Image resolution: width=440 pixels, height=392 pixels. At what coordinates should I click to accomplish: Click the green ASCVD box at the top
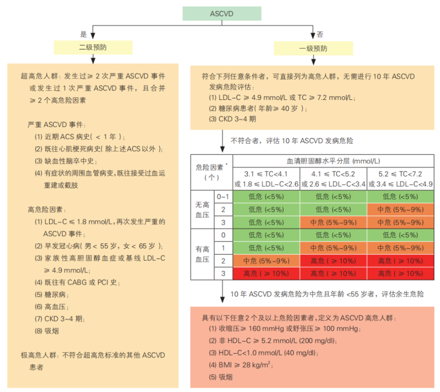coord(222,14)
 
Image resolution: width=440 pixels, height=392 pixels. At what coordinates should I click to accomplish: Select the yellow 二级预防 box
coord(93,47)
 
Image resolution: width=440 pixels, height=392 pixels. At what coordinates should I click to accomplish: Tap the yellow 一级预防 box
coord(313,48)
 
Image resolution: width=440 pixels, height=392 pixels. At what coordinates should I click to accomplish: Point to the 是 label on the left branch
coord(84,34)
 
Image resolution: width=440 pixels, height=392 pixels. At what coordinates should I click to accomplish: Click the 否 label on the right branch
coord(320,34)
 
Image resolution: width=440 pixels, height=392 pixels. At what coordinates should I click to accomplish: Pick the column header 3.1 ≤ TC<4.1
coord(266,174)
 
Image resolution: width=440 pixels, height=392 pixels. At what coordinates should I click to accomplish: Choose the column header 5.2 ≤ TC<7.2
coord(400,174)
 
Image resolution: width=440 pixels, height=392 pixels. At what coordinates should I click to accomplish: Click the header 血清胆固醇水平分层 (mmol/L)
coord(333,161)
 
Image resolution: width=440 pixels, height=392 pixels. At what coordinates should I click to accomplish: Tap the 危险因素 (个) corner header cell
coord(212,172)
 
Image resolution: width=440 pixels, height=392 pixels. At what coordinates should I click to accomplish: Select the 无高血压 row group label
coord(202,210)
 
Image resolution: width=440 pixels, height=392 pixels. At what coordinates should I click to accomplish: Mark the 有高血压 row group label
coord(202,254)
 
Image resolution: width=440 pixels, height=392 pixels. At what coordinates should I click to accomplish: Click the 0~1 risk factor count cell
coord(223,196)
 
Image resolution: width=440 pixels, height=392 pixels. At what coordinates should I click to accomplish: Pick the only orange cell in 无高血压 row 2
coord(400,210)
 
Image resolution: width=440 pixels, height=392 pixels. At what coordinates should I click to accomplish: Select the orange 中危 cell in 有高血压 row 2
coord(266,261)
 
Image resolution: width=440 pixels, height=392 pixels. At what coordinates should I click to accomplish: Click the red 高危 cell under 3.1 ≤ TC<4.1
coord(266,274)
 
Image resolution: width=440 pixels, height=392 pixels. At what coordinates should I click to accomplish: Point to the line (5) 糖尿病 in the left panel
coord(51,295)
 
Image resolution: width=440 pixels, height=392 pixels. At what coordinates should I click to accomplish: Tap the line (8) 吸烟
coord(47,331)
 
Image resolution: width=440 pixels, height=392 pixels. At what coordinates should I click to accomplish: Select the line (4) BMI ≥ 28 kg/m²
coord(241,365)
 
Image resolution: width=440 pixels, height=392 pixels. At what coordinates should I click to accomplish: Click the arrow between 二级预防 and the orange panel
coord(93,59)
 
